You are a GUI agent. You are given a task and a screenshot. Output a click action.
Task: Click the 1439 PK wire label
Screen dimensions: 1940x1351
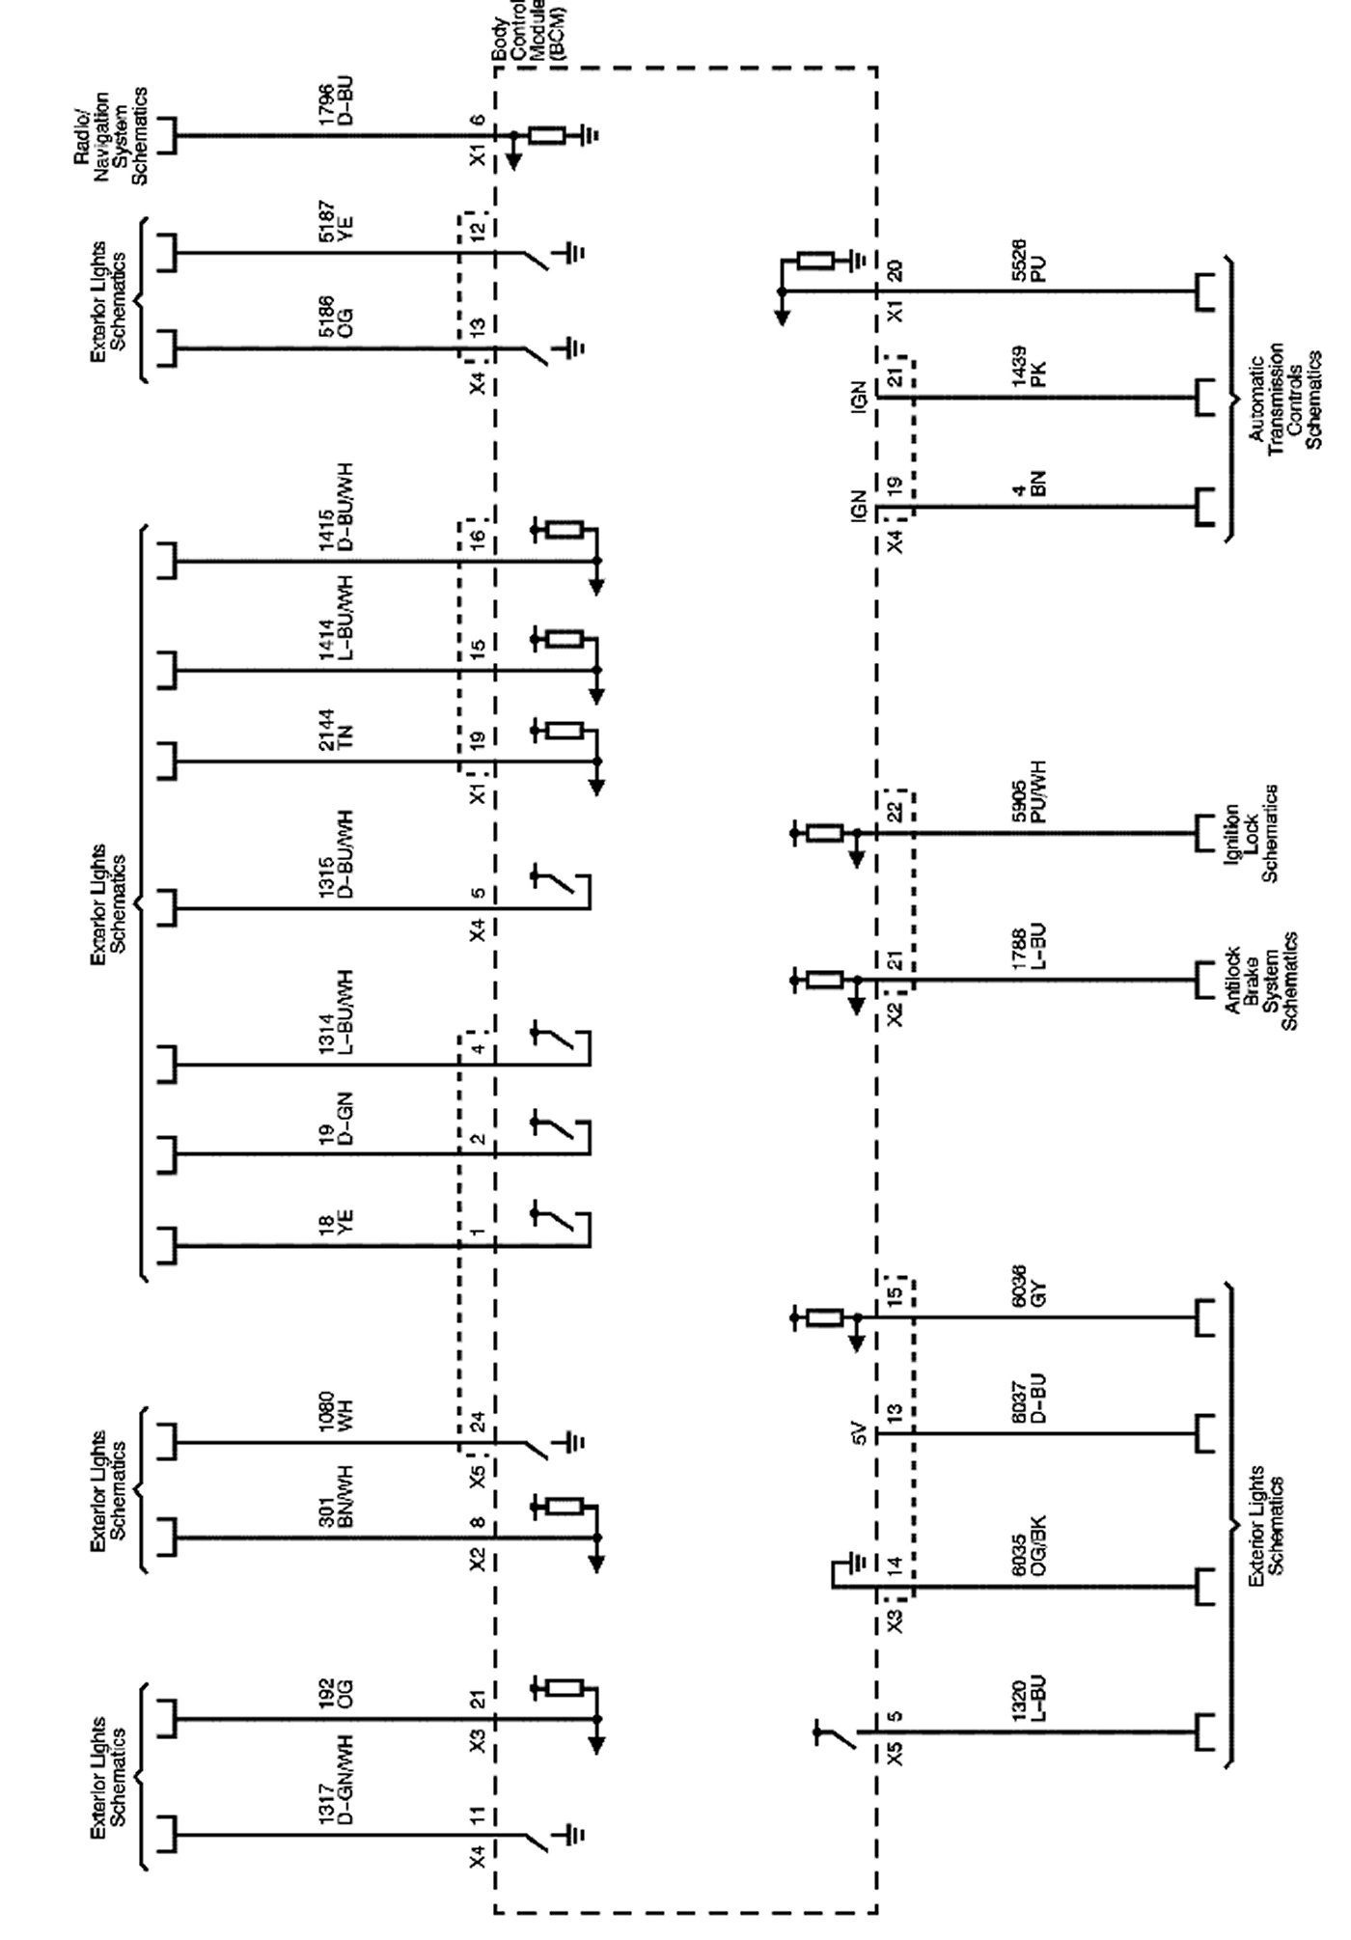[x=1028, y=367]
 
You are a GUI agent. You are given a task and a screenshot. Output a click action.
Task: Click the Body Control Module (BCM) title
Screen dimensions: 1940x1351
[x=527, y=31]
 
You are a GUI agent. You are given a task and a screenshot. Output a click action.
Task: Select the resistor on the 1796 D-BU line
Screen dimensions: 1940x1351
[x=546, y=135]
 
